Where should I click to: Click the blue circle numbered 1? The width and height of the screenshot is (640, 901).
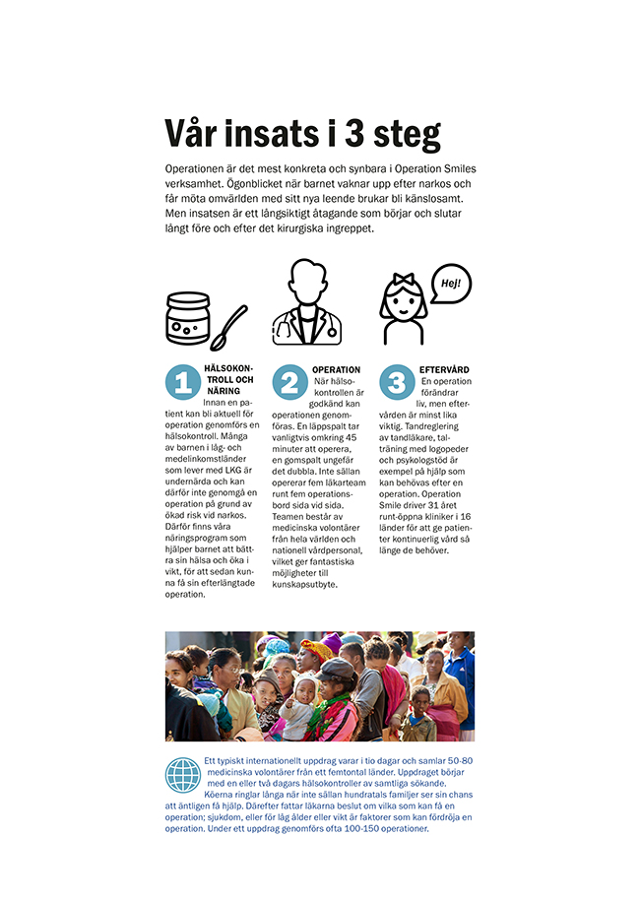click(182, 382)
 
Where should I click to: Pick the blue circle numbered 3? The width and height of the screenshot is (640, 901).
click(397, 382)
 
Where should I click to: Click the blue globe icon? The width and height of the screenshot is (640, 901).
click(183, 775)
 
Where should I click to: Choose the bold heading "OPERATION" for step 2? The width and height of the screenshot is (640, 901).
click(336, 370)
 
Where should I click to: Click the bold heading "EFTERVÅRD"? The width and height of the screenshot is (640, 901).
click(444, 370)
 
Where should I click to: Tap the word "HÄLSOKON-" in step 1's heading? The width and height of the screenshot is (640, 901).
click(228, 369)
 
